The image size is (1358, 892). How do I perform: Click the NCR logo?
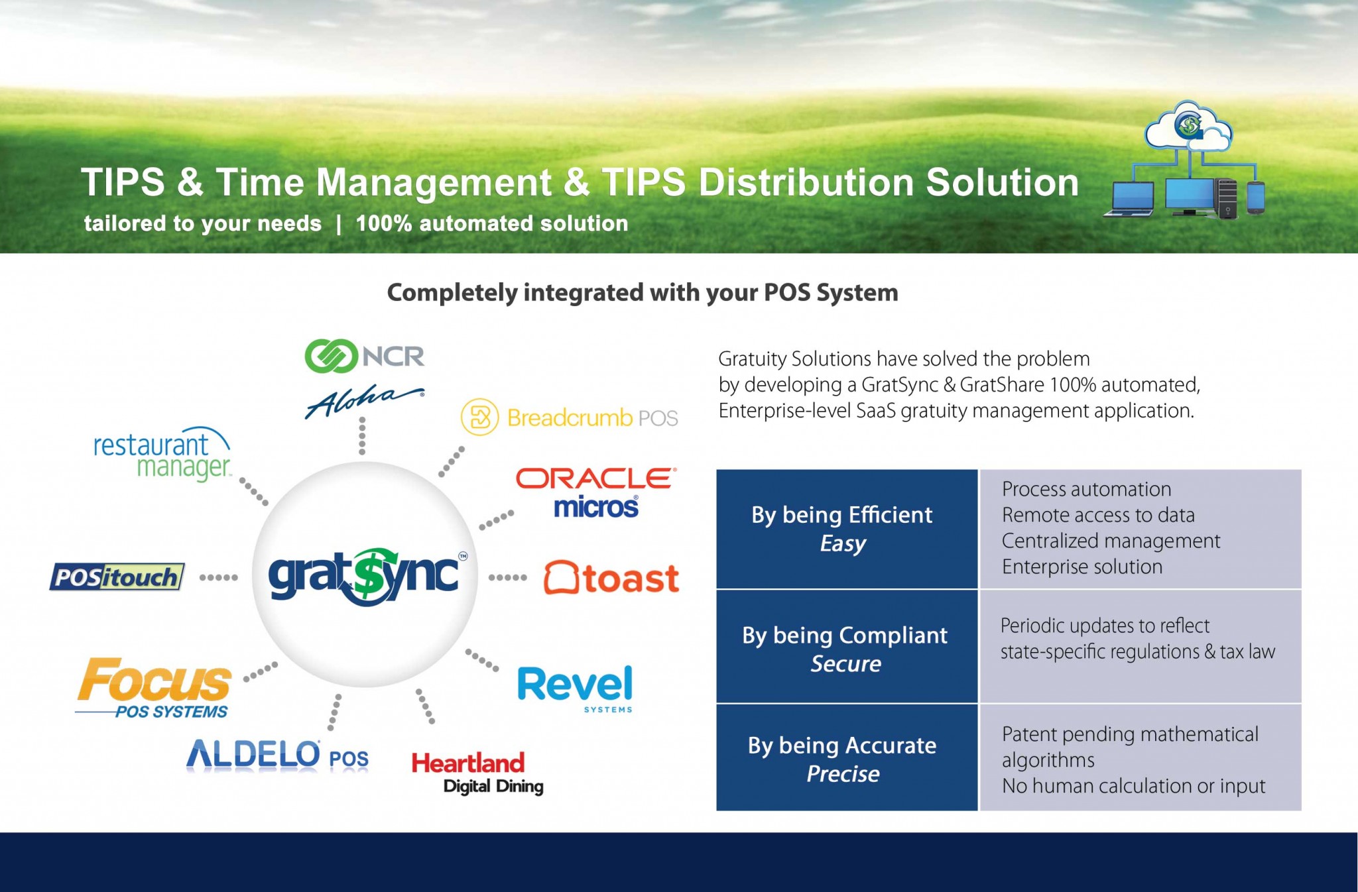[364, 357]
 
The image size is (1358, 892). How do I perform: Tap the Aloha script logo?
[364, 400]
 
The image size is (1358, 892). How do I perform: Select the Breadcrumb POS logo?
[569, 418]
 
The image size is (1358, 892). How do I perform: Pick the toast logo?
[611, 579]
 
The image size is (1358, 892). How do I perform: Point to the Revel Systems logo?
[575, 688]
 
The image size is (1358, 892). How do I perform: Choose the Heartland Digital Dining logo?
[477, 773]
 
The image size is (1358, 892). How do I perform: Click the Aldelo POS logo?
[277, 756]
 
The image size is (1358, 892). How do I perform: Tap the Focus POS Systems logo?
[154, 688]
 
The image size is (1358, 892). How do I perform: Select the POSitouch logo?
[117, 577]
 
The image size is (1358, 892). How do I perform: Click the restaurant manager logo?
[162, 455]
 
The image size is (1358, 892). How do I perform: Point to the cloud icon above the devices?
[1188, 126]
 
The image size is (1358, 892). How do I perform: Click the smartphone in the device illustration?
[1255, 197]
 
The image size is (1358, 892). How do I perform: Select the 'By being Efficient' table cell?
[846, 529]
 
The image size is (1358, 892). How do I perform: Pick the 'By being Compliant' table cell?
[846, 648]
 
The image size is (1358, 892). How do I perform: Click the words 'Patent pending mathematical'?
[1130, 734]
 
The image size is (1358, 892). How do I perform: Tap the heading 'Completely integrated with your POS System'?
[642, 292]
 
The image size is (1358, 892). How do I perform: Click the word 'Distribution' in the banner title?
[805, 182]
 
